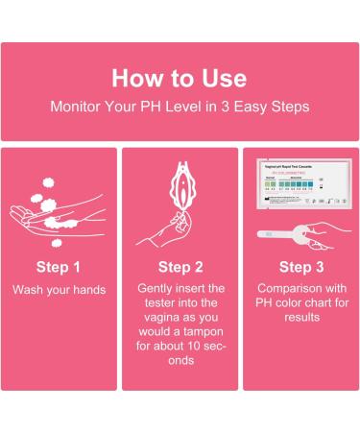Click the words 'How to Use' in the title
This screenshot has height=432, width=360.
coord(180,78)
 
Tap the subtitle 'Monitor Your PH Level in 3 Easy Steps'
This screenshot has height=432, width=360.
coord(180,108)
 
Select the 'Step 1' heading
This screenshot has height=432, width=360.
coord(59,266)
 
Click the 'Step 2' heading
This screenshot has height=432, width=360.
coord(180,266)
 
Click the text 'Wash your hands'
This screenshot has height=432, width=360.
coord(59,289)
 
